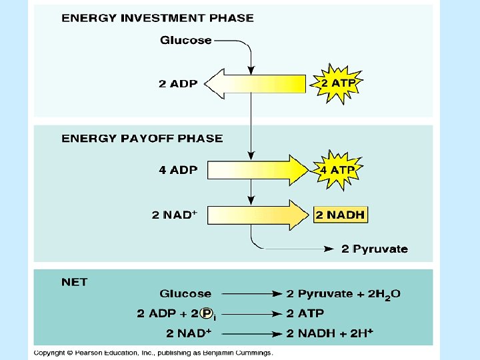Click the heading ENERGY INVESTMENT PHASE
pyautogui.click(x=157, y=18)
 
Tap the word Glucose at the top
pyautogui.click(x=186, y=41)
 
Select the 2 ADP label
pyautogui.click(x=178, y=84)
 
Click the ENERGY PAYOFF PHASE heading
pyautogui.click(x=142, y=139)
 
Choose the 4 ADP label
pyautogui.click(x=178, y=170)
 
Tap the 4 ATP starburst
pyautogui.click(x=338, y=170)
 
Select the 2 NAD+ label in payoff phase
pyautogui.click(x=174, y=215)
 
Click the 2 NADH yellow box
pyautogui.click(x=340, y=215)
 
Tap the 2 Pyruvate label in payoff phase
pyautogui.click(x=374, y=249)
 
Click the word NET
pyautogui.click(x=74, y=282)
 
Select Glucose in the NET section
pyautogui.click(x=185, y=294)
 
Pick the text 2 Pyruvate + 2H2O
pyautogui.click(x=343, y=294)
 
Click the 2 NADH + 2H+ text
pyautogui.click(x=329, y=332)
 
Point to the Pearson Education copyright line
pyautogui.click(x=153, y=353)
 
